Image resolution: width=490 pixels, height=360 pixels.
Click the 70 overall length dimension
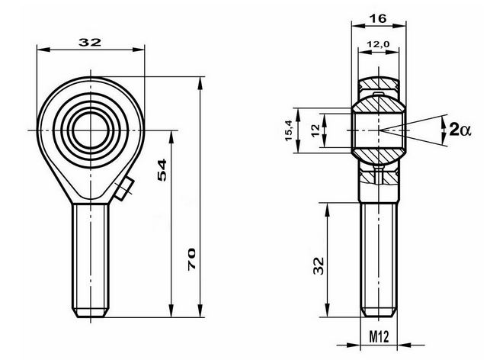[x=191, y=259]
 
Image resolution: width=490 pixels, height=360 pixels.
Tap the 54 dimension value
[x=162, y=170]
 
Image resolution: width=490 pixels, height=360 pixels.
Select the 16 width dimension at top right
[x=378, y=19]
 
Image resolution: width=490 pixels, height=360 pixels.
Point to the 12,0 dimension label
[x=378, y=44]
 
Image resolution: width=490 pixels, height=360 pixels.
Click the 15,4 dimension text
[x=288, y=130]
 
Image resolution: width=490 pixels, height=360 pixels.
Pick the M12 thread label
[x=379, y=337]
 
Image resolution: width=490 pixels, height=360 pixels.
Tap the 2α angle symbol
[x=460, y=130]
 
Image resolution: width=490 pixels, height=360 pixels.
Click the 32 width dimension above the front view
[x=90, y=42]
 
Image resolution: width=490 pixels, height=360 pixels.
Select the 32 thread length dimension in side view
[x=319, y=265]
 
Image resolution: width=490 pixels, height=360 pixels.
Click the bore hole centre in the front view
[x=91, y=130]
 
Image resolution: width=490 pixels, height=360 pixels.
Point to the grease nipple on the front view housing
[x=124, y=188]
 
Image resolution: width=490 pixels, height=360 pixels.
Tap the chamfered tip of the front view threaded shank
[x=91, y=313]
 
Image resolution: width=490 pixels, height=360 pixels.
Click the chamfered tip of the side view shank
[x=379, y=312]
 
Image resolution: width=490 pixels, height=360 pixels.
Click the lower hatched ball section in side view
[x=379, y=156]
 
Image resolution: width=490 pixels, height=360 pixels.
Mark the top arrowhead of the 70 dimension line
[x=200, y=83]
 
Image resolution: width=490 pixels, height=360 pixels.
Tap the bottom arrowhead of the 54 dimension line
[x=171, y=310]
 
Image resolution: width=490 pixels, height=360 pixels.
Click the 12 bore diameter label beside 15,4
[x=316, y=130]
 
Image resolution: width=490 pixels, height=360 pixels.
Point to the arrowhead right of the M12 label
[x=404, y=346]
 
